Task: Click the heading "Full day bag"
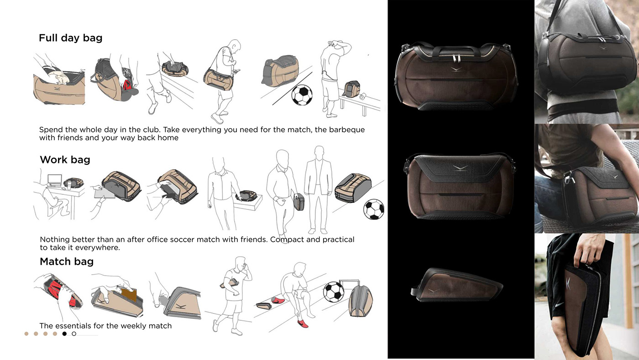pyautogui.click(x=70, y=38)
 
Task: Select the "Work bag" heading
pyautogui.click(x=65, y=160)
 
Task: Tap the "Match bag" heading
pyautogui.click(x=67, y=261)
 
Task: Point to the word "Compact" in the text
pyautogui.click(x=287, y=240)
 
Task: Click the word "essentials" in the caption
pyautogui.click(x=76, y=326)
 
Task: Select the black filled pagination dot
pyautogui.click(x=64, y=334)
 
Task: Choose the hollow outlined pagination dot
pyautogui.click(x=74, y=334)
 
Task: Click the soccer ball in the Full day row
pyautogui.click(x=302, y=95)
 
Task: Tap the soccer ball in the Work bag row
pyautogui.click(x=374, y=209)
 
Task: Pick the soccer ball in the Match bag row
pyautogui.click(x=334, y=292)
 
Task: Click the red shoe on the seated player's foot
pyautogui.click(x=303, y=324)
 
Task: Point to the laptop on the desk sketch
pyautogui.click(x=54, y=180)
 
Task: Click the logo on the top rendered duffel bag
pyautogui.click(x=456, y=69)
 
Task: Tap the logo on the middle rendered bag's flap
pyautogui.click(x=460, y=168)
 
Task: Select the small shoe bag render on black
pyautogui.click(x=457, y=285)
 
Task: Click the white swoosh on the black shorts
pyautogui.click(x=559, y=305)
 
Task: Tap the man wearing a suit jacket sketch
pyautogui.click(x=318, y=190)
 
